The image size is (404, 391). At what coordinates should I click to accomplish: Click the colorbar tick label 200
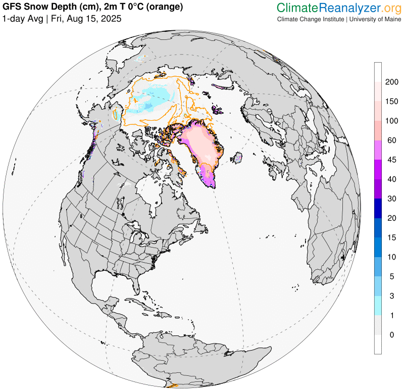(x=392, y=82)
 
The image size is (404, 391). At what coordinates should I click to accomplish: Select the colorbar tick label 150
(x=392, y=102)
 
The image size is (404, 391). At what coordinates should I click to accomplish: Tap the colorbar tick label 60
(x=391, y=140)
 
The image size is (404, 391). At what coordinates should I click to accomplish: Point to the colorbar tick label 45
(x=391, y=160)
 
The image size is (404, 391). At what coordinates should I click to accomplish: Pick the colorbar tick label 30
(x=391, y=199)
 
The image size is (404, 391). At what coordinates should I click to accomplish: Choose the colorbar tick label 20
(x=391, y=218)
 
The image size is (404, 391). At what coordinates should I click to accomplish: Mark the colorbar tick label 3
(x=389, y=296)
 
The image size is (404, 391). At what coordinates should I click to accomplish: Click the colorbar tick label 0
(x=389, y=334)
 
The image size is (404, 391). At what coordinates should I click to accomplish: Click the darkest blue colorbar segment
(x=378, y=208)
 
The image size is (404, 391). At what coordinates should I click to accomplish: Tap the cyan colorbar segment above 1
(x=378, y=305)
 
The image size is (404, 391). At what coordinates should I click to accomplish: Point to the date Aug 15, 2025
(x=96, y=19)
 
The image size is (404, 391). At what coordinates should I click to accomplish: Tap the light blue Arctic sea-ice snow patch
(x=151, y=99)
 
